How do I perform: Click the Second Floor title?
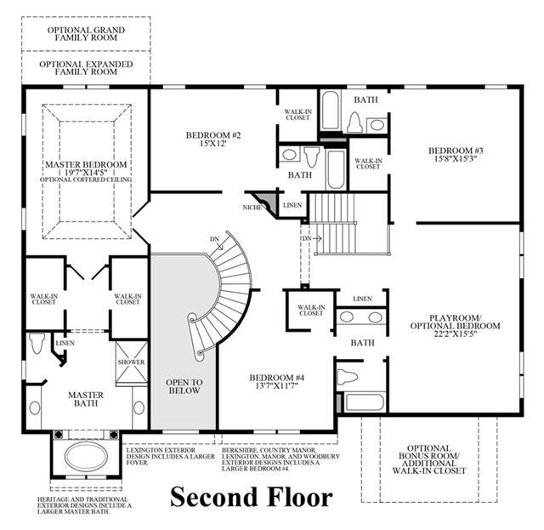(x=252, y=497)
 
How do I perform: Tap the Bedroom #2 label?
(x=213, y=135)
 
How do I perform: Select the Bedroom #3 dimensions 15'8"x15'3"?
(x=456, y=159)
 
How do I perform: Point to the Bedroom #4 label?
(x=277, y=378)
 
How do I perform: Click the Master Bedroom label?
(x=86, y=164)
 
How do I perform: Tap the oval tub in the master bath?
(x=86, y=457)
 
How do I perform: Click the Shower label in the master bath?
(x=131, y=362)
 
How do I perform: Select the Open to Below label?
(x=184, y=386)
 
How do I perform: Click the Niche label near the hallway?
(x=252, y=208)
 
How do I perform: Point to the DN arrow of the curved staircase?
(x=219, y=246)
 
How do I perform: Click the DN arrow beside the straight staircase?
(x=317, y=238)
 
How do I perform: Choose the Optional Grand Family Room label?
(x=86, y=34)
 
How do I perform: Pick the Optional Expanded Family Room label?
(x=86, y=68)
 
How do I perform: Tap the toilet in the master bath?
(x=37, y=343)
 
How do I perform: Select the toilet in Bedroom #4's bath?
(x=348, y=376)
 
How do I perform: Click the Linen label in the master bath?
(x=65, y=343)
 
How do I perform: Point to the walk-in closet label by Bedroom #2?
(x=298, y=115)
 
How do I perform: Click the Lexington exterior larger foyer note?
(x=171, y=456)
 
